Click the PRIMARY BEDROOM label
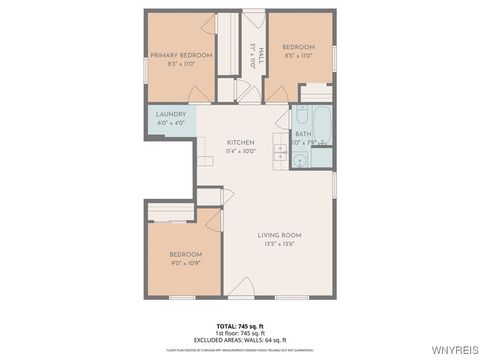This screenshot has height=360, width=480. [181, 55]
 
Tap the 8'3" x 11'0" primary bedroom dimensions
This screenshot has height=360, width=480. [181, 64]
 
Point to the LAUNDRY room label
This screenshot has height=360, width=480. [171, 115]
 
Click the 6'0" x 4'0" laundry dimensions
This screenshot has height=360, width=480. [171, 124]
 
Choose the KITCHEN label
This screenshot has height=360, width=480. [240, 142]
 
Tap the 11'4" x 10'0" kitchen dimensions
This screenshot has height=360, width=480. [240, 151]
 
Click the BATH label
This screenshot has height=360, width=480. [302, 133]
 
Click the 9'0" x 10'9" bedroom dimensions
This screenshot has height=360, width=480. [185, 263]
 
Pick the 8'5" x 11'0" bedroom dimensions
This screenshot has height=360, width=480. [298, 56]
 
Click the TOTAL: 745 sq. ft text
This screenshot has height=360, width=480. [240, 326]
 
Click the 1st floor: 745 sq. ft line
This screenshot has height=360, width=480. [240, 333]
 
